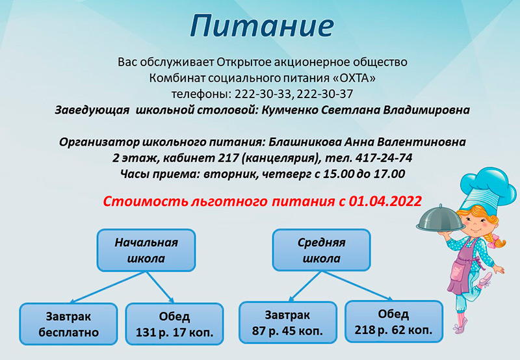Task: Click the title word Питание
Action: coord(262,27)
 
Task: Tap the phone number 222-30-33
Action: coord(263,94)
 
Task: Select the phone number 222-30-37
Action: coord(324,94)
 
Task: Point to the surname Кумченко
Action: coord(289,110)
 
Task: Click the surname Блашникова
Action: coord(305,142)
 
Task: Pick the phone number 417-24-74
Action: coord(383,158)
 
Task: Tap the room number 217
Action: coord(228,158)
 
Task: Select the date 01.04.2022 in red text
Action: coord(385,201)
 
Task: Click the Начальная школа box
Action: coord(146,250)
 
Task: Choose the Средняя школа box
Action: coord(321,250)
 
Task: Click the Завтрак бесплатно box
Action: coord(68,324)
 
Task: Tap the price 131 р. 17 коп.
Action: coord(174,332)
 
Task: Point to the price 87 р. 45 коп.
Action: coord(287,331)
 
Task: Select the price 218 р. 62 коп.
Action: coord(394,330)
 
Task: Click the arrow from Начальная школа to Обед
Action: coord(160,287)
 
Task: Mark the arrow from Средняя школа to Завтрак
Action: coord(305,287)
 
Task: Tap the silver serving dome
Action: coord(441,219)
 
